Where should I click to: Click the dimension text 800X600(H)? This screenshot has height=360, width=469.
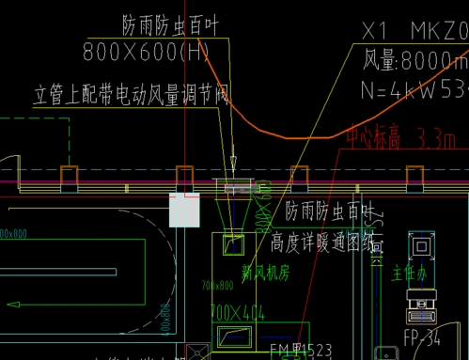[147, 51]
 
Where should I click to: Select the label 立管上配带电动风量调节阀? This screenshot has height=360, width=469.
[131, 95]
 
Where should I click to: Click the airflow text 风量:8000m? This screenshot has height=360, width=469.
[414, 63]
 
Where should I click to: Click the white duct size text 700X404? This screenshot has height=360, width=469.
[237, 311]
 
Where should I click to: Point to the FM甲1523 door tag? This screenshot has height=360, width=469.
[300, 351]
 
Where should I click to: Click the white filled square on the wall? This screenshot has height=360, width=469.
[184, 210]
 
